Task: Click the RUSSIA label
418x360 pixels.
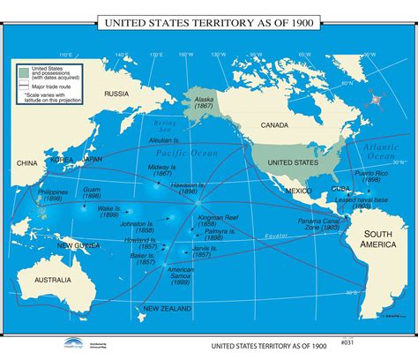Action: coord(117,94)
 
